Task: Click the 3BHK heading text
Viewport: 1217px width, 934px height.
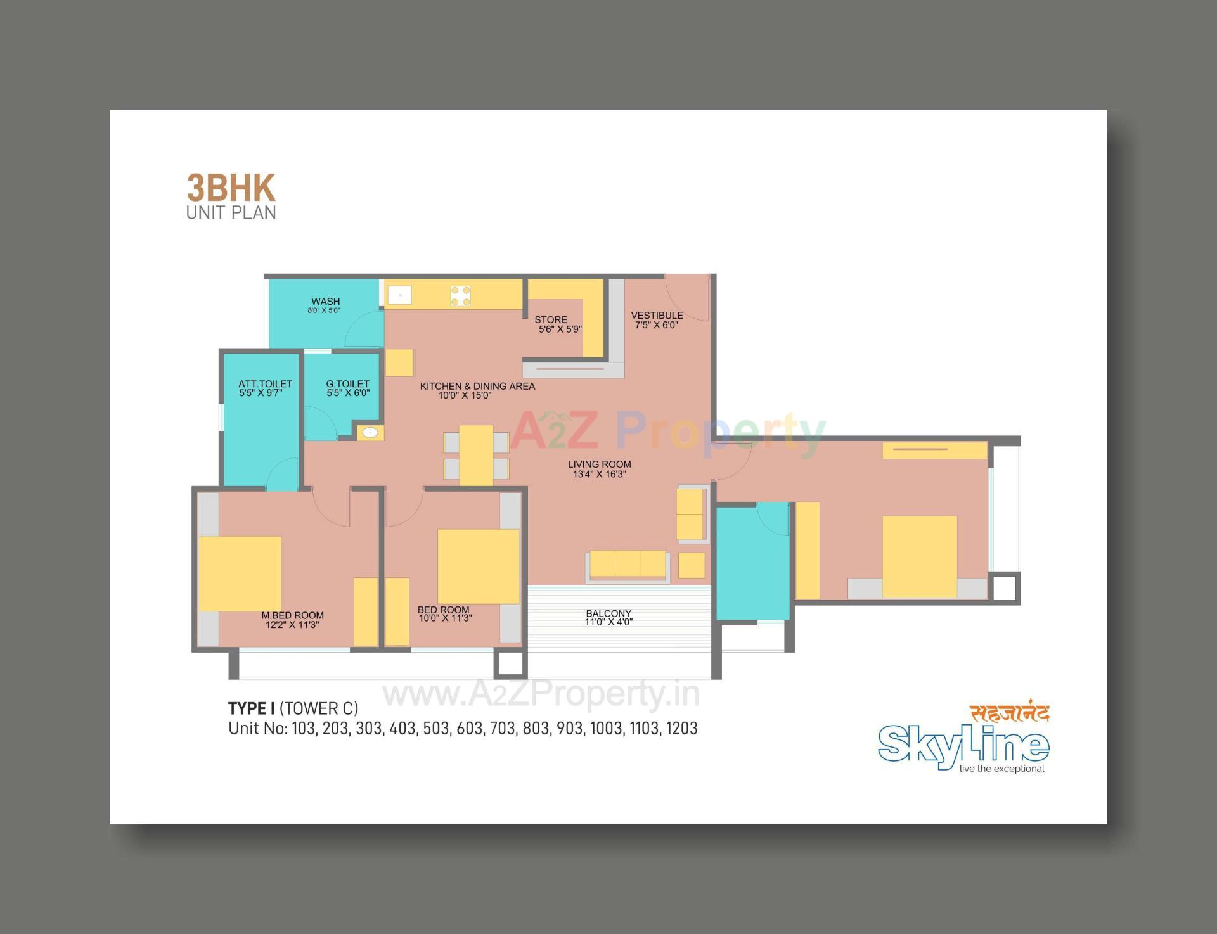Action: coord(231,188)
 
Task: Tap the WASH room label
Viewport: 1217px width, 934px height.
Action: coord(325,302)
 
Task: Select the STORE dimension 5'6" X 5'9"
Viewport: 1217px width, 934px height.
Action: coord(560,329)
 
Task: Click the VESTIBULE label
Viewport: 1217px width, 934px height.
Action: coord(657,315)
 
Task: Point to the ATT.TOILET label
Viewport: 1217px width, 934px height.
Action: coord(265,384)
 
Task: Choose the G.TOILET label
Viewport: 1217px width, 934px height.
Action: coord(347,384)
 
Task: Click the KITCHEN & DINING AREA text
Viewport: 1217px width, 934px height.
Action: coord(477,386)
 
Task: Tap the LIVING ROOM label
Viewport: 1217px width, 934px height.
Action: coord(599,464)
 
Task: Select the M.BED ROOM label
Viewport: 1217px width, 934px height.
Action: coord(292,615)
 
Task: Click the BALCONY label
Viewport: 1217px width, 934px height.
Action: coord(608,613)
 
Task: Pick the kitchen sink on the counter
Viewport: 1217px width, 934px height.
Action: coord(400,295)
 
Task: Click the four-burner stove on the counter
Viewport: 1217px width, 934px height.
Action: coord(461,295)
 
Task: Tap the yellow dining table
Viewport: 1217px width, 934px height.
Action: coord(476,455)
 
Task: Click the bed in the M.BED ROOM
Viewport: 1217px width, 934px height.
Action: coord(240,574)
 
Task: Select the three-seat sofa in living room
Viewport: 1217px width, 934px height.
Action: coord(628,564)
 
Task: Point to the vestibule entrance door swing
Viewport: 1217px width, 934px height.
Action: coord(688,298)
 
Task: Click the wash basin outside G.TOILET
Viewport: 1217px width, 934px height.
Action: coord(370,433)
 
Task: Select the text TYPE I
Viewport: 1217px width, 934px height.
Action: coord(251,708)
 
